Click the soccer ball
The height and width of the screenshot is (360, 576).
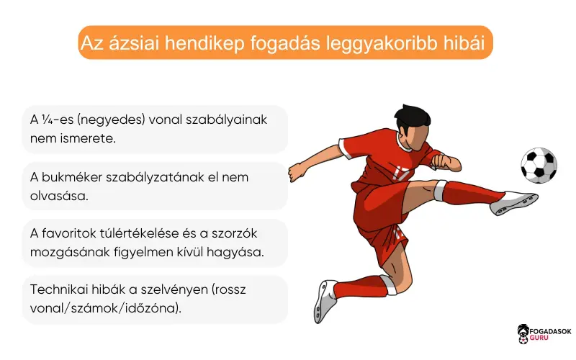click(539, 166)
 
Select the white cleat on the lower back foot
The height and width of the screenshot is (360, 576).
click(325, 300)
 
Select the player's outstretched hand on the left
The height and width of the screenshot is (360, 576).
click(295, 172)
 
